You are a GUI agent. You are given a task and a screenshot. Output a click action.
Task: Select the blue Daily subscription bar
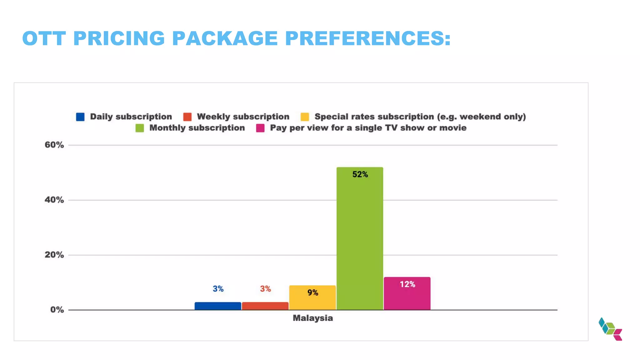click(218, 306)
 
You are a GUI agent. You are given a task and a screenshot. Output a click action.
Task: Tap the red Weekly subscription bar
click(265, 306)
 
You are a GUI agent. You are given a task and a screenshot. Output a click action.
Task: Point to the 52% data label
click(360, 174)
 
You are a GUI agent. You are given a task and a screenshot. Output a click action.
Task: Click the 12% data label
click(407, 284)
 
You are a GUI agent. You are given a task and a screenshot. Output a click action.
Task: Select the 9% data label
click(312, 292)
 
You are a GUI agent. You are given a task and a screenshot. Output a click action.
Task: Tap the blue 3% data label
click(218, 289)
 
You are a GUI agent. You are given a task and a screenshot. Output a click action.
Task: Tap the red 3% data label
click(265, 289)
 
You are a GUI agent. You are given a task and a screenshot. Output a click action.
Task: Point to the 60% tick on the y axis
click(54, 145)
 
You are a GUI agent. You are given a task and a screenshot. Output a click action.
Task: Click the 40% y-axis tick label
click(54, 200)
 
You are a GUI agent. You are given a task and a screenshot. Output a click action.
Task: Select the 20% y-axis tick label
click(54, 255)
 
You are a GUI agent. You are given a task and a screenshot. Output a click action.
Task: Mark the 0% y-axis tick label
click(57, 310)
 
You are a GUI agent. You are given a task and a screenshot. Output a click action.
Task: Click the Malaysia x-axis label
click(312, 318)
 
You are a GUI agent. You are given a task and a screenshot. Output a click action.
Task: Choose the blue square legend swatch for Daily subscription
click(80, 117)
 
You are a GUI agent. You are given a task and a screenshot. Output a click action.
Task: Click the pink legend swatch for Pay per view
click(260, 128)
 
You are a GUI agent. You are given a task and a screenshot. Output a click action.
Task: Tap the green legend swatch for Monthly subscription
click(140, 128)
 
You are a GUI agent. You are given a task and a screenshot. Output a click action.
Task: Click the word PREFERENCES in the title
click(367, 38)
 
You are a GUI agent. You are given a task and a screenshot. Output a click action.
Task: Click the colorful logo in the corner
click(610, 329)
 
